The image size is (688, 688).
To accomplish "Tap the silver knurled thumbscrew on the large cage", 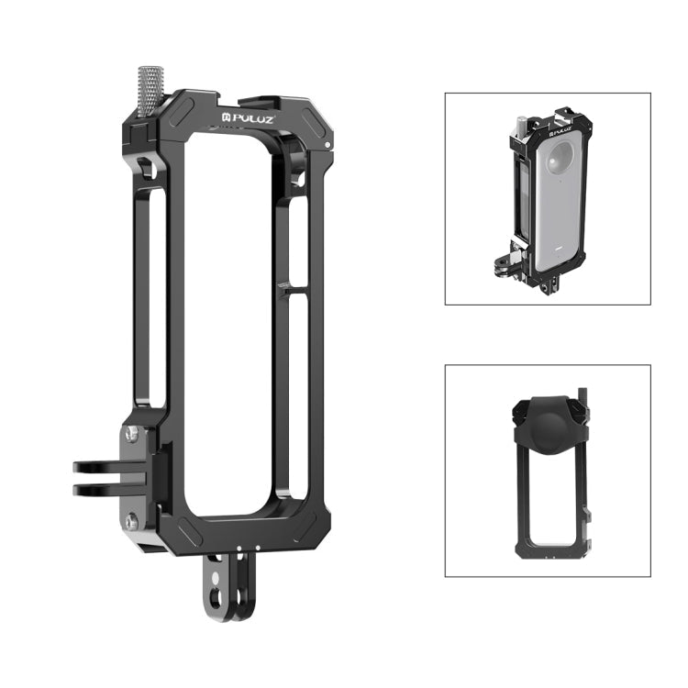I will click(x=150, y=90).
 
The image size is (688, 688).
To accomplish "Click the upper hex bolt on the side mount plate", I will click(x=131, y=433).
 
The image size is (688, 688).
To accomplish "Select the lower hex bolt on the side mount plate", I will click(x=131, y=521).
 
